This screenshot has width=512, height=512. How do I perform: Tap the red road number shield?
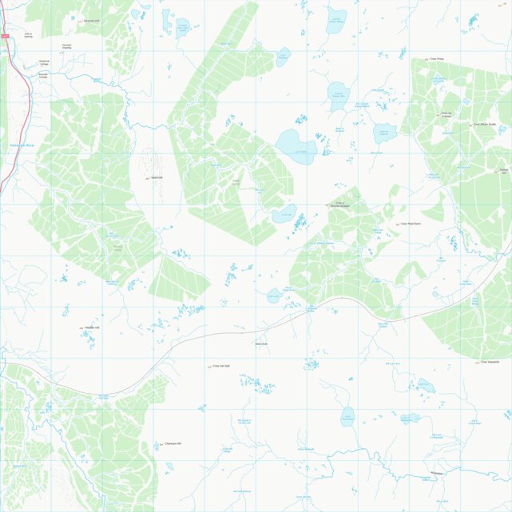(x=5, y=36)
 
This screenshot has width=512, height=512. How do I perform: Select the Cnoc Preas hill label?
(x=437, y=58)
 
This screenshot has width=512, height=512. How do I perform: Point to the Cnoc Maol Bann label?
(x=411, y=224)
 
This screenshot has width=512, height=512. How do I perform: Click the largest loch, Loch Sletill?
(x=296, y=146)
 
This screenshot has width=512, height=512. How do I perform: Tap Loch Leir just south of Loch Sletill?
(x=284, y=213)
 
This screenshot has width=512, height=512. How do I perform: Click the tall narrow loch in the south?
(x=347, y=415)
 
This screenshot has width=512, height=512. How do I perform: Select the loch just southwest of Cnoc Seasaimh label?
(x=427, y=386)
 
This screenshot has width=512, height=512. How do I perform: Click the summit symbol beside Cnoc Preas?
(x=427, y=58)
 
